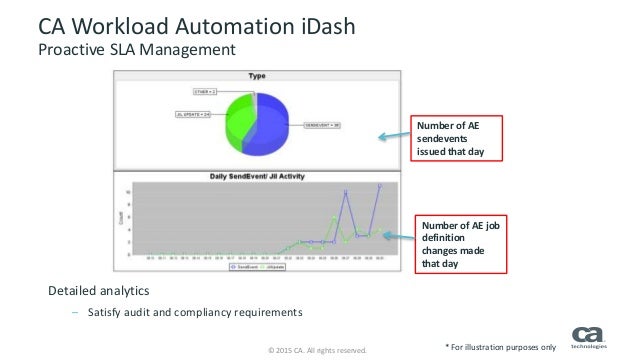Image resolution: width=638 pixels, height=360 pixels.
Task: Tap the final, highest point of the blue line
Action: (379, 186)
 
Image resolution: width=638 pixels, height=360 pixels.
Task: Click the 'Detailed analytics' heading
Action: (96, 291)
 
